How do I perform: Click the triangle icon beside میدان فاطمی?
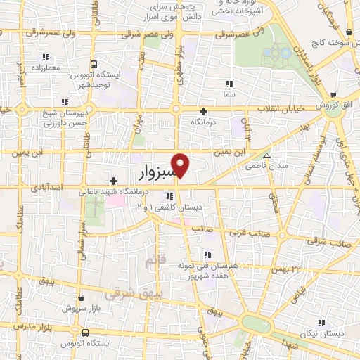[266, 155]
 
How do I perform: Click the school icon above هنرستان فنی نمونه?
[207, 255]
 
